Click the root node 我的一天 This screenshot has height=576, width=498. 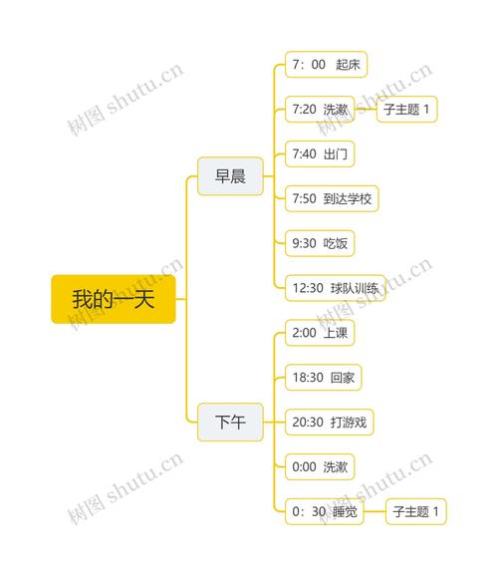114,299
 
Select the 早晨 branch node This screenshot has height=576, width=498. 230,176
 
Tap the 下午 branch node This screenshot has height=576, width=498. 230,422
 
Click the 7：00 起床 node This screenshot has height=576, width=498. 326,65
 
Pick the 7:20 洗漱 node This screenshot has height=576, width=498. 320,109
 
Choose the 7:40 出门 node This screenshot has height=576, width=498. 320,153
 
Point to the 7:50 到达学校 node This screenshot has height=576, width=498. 332,198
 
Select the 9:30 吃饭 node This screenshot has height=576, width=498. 320,243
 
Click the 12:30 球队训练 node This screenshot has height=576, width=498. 336,288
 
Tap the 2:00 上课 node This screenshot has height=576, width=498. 320,333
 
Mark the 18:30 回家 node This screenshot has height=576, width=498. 323,378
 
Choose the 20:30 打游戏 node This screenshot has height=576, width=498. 329,423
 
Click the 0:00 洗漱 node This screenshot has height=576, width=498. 320,467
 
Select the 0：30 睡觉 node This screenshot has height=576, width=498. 325,511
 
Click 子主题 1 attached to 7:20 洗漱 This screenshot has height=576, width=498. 407,109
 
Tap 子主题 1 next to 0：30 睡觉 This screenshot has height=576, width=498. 416,511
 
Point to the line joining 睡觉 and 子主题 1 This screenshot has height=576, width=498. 374,511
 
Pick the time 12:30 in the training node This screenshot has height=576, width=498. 308,288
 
